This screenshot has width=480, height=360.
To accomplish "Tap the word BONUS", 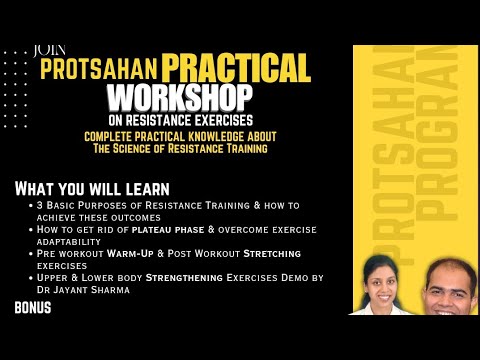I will (33, 308).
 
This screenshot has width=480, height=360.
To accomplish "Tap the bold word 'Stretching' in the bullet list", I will (270, 254).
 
